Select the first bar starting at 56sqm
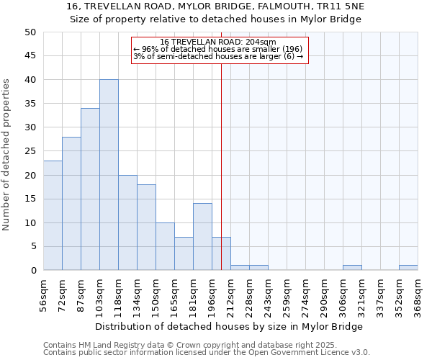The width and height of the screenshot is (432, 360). pos(53,215)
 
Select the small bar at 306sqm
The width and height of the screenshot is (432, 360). pos(352,268)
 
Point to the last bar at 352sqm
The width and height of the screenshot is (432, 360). pos(408,268)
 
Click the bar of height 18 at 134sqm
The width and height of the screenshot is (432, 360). pos(146,228)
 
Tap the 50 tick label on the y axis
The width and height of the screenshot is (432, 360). pos(30,32)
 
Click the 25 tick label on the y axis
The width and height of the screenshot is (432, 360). pos(30,151)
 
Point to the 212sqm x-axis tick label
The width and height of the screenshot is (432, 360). pos(230,295)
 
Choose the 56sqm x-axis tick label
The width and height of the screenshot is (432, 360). pos(43,295)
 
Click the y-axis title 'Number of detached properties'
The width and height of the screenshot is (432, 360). pos(6,155)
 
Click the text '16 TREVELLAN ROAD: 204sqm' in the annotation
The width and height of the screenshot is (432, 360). pos(217,42)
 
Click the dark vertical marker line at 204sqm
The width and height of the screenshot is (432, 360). pos(221,166)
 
